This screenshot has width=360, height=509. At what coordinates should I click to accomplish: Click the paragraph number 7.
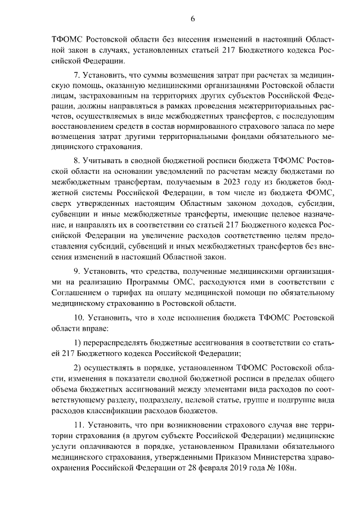tap(78, 75)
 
